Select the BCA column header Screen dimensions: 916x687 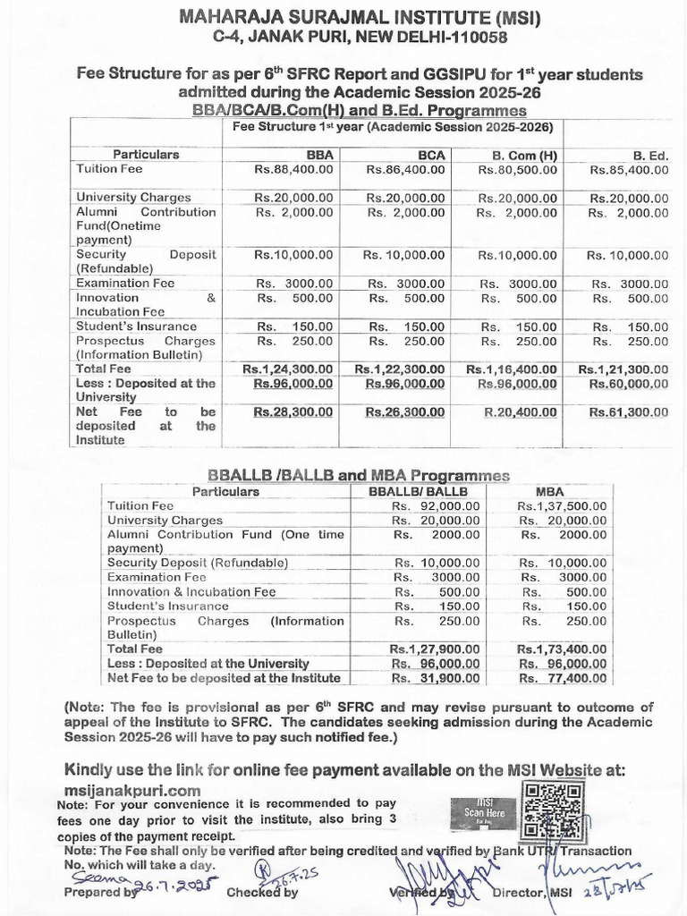[431, 155]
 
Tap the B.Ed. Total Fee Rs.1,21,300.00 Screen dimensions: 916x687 [623, 369]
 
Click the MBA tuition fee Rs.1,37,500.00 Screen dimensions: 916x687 [562, 506]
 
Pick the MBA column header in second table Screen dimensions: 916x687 [549, 491]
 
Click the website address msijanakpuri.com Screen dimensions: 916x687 [131, 790]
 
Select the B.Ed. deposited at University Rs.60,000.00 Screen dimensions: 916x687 [628, 383]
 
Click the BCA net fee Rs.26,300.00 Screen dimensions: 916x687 [405, 412]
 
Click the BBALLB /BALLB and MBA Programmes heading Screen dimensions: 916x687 [358, 475]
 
